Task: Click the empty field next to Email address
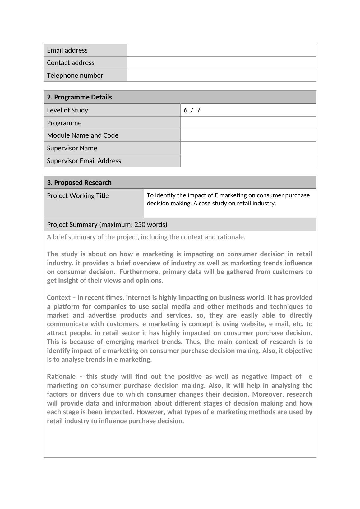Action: pos(221,50)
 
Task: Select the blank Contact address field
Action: pos(221,62)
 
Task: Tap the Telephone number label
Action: pos(75,75)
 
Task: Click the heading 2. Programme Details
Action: pos(79,97)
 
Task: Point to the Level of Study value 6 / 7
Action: pos(192,110)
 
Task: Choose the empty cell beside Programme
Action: pos(248,123)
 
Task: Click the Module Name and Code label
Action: pos(83,135)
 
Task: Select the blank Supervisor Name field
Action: pos(248,148)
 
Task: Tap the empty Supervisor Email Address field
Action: pos(248,161)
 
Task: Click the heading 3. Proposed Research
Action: pos(79,182)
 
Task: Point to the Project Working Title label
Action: pos(78,195)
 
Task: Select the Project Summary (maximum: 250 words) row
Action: pos(107,224)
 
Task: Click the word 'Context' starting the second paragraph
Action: pos(58,297)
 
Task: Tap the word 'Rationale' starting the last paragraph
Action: pos(61,376)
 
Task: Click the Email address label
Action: pos(67,50)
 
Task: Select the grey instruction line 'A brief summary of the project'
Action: pos(146,237)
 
